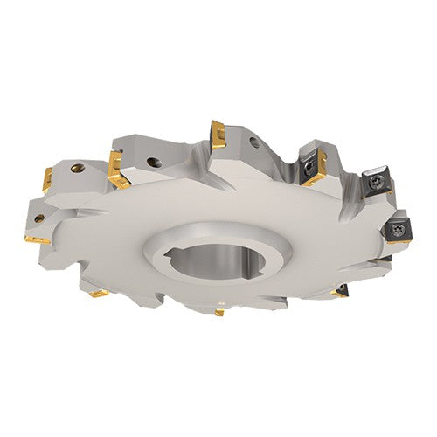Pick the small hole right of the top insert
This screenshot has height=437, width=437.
click(x=253, y=142)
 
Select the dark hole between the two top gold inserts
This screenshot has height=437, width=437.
click(x=154, y=161)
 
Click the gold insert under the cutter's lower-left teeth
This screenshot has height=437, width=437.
click(x=98, y=294)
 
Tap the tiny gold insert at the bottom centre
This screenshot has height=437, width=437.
click(x=218, y=311)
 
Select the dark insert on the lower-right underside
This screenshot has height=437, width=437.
click(x=342, y=291)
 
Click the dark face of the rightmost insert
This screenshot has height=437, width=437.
click(x=397, y=229)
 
